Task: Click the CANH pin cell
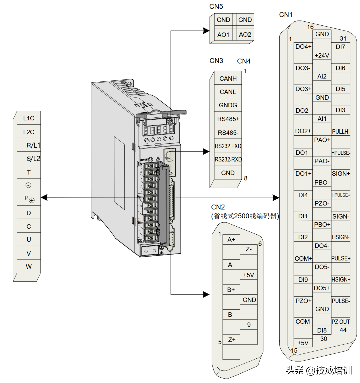(228, 79)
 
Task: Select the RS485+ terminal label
(228, 119)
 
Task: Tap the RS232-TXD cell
(228, 146)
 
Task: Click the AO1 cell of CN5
(223, 35)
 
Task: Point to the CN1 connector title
(286, 15)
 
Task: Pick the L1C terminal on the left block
(29, 118)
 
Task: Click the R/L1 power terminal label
(33, 145)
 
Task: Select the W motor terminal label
(29, 267)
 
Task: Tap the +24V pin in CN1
(322, 55)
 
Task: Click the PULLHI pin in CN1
(341, 132)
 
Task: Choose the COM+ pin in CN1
(303, 258)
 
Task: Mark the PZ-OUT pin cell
(341, 322)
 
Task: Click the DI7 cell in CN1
(341, 47)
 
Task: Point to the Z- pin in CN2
(249, 249)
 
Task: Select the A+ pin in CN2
(231, 240)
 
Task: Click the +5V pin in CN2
(249, 275)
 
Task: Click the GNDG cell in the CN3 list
(228, 105)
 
